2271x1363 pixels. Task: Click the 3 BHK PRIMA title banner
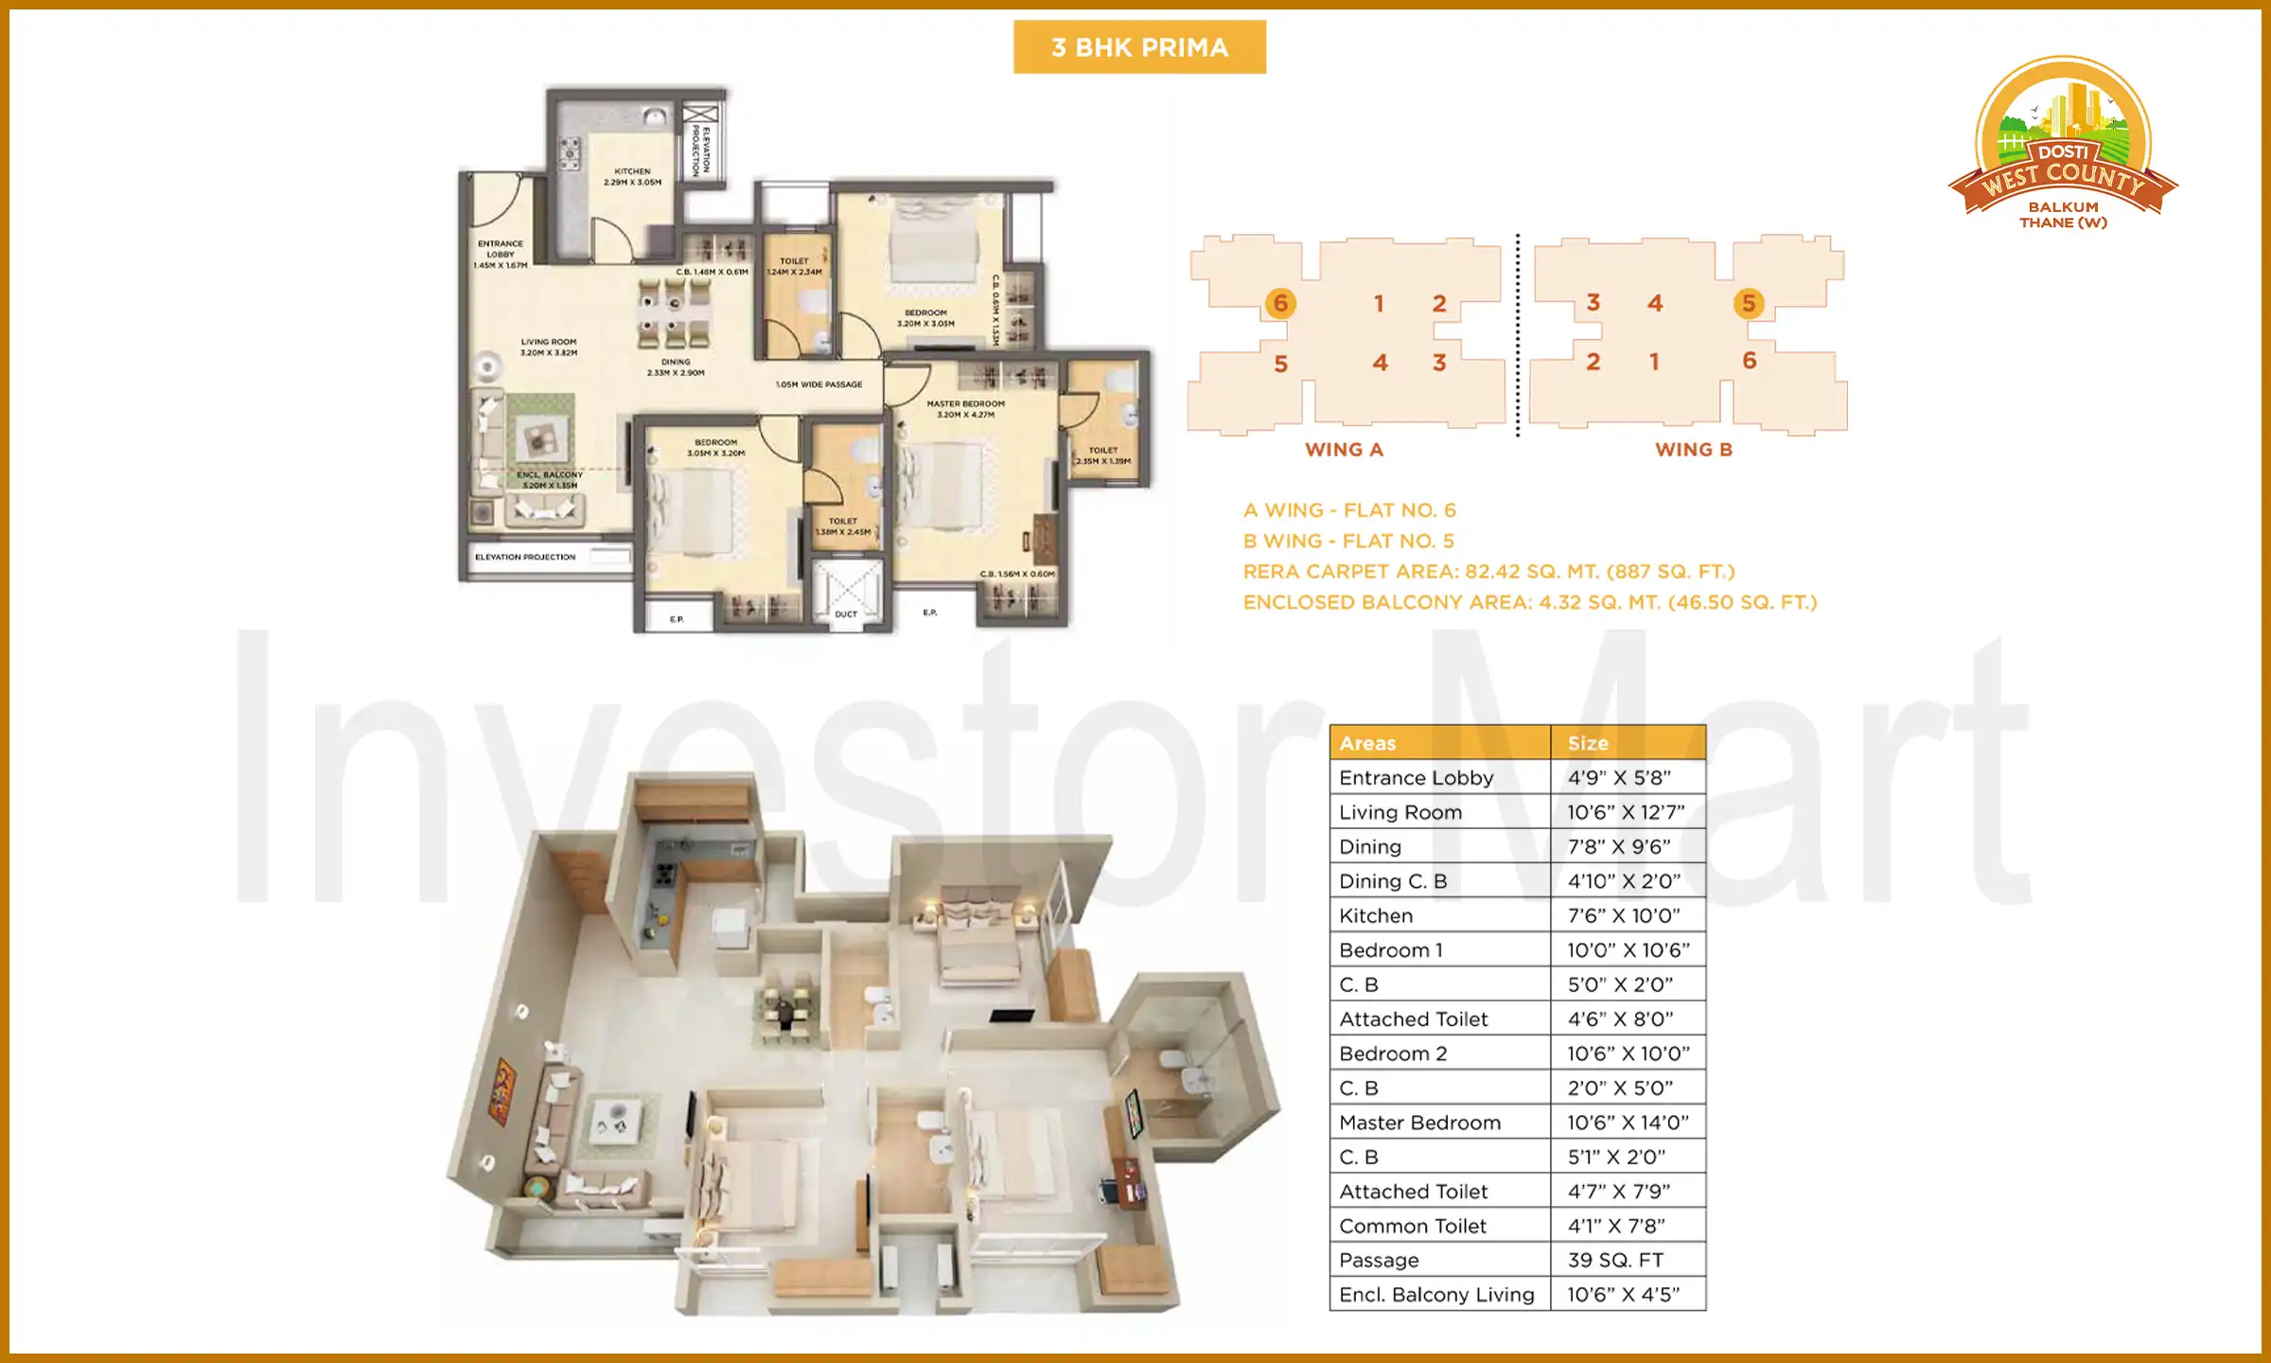point(1139,47)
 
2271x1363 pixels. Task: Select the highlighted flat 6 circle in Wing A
point(1280,303)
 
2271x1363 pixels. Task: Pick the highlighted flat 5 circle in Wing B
point(1749,303)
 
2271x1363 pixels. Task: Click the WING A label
point(1344,450)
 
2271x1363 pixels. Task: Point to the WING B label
point(1694,450)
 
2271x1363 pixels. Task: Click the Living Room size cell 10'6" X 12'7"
point(1627,812)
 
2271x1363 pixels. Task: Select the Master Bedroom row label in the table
point(1419,1123)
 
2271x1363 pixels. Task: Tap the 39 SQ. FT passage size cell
point(1615,1260)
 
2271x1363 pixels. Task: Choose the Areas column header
point(1367,743)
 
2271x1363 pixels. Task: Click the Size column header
point(1588,743)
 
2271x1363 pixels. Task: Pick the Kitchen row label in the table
point(1376,915)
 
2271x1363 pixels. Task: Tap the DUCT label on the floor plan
point(846,614)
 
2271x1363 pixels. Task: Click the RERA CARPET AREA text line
point(1488,572)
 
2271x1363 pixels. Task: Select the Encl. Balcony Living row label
point(1436,1294)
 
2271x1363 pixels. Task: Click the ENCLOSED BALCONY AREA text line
point(1530,602)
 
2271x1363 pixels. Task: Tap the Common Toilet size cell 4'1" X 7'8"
point(1616,1226)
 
